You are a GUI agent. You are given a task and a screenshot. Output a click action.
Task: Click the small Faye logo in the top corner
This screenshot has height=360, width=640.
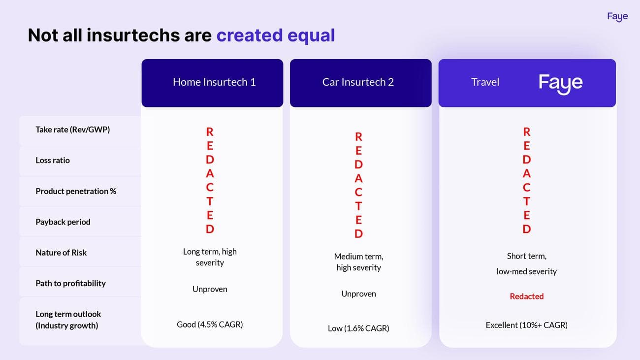point(617,17)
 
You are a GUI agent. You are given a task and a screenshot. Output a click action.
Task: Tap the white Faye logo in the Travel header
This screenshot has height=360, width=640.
point(561,84)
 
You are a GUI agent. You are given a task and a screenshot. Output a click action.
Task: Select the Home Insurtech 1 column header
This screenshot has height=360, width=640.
point(214,82)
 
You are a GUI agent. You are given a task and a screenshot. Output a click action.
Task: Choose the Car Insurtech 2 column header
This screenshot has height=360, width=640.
point(358,82)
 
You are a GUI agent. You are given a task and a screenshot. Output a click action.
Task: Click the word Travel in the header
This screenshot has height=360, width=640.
point(485,82)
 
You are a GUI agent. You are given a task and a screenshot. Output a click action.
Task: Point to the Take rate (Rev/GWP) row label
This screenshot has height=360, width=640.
point(72,130)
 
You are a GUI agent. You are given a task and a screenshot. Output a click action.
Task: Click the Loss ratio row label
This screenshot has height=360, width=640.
point(53,160)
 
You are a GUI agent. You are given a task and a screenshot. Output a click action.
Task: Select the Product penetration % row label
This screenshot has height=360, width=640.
point(76,191)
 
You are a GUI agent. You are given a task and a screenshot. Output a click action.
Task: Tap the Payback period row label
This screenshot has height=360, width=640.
point(63,222)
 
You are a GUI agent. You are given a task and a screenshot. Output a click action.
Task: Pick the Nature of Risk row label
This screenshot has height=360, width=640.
point(61,253)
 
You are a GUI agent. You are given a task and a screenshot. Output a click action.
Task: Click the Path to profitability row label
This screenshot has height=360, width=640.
point(70,284)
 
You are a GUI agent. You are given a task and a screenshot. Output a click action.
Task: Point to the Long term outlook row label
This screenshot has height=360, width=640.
point(68,320)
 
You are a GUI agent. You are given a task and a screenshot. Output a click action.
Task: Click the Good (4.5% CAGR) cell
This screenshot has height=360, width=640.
point(210,325)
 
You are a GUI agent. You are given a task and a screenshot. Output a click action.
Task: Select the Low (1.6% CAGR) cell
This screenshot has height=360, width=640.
point(358,328)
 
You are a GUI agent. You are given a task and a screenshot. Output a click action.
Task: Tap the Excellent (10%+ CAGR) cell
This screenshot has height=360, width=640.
point(527,325)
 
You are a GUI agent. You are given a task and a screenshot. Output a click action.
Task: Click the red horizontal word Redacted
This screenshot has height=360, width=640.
point(527,296)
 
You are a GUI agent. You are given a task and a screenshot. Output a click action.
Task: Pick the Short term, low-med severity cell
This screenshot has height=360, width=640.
point(527,263)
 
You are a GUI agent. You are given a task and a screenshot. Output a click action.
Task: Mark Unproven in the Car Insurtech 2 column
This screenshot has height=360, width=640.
point(358,294)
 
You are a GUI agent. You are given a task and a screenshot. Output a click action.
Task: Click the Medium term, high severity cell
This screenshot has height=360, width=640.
point(358,262)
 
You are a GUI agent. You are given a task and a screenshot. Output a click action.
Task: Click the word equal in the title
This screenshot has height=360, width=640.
point(311,36)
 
